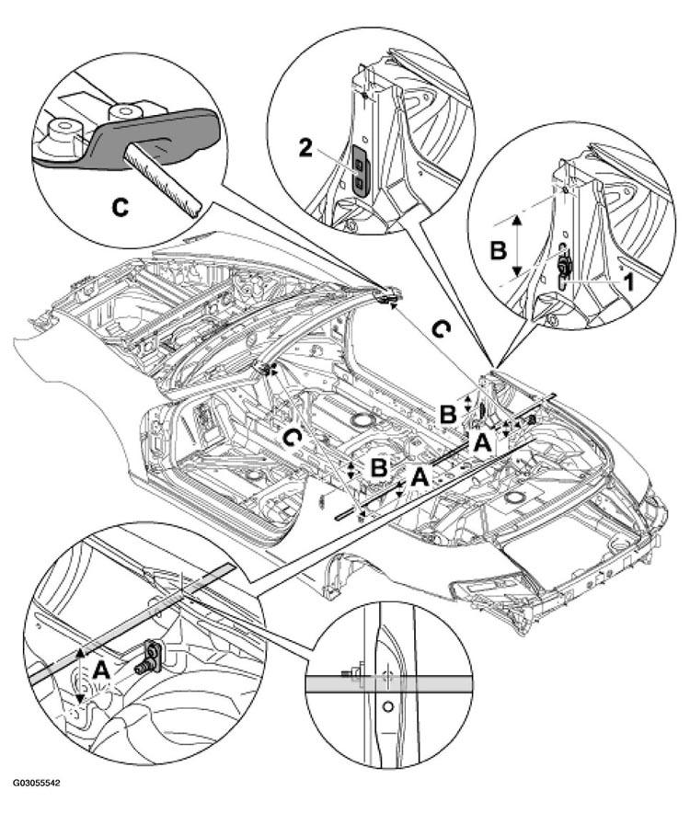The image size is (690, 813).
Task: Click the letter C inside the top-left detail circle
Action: [x=121, y=208]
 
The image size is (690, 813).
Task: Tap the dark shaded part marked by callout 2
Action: [x=360, y=169]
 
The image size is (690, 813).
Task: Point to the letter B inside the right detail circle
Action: [x=498, y=251]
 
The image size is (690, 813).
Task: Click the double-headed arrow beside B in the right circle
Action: [x=517, y=246]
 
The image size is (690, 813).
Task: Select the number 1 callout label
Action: [x=627, y=282]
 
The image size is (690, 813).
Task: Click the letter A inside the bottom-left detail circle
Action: [x=100, y=671]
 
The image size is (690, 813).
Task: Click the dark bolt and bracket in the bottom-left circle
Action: [x=149, y=658]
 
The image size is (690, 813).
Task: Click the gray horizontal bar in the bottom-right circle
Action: [x=389, y=684]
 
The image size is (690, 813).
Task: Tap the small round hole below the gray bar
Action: [x=387, y=706]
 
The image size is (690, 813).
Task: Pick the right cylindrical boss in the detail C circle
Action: [x=124, y=114]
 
